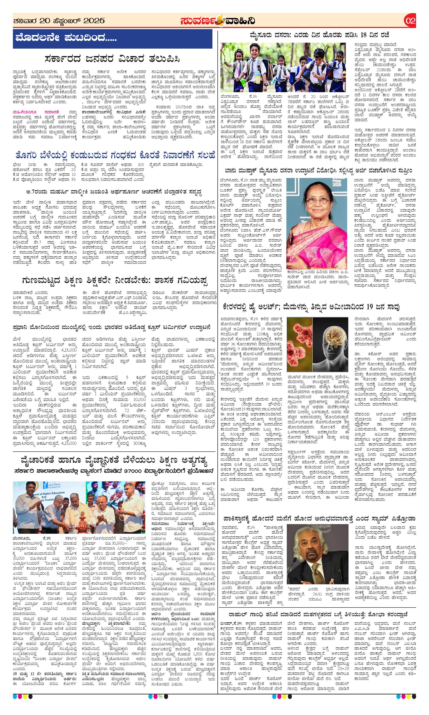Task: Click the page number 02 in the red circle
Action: click(x=410, y=21)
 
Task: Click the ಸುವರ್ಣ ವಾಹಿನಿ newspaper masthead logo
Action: click(x=217, y=21)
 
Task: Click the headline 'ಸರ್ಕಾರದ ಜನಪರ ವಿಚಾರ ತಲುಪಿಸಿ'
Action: click(x=112, y=59)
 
